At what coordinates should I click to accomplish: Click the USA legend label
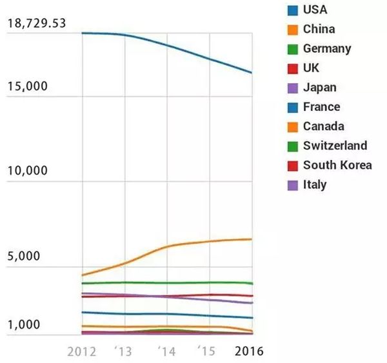[x=315, y=10]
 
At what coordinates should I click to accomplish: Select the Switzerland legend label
[x=335, y=146]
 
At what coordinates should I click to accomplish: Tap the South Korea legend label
[x=337, y=165]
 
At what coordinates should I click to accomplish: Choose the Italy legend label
[x=315, y=185]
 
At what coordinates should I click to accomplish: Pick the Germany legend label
[x=327, y=48]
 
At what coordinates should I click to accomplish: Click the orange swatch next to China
[x=293, y=29]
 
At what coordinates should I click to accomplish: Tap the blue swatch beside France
[x=293, y=107]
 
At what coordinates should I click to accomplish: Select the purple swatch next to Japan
[x=293, y=88]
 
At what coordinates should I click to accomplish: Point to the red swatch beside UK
[x=293, y=68]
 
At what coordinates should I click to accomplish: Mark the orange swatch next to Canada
[x=293, y=126]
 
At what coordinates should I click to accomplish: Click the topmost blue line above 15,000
[x=168, y=45]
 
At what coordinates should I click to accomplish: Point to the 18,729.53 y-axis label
[x=36, y=24]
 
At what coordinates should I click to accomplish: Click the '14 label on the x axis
[x=166, y=351]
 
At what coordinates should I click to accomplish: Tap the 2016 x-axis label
[x=248, y=351]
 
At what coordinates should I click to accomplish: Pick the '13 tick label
[x=123, y=351]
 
